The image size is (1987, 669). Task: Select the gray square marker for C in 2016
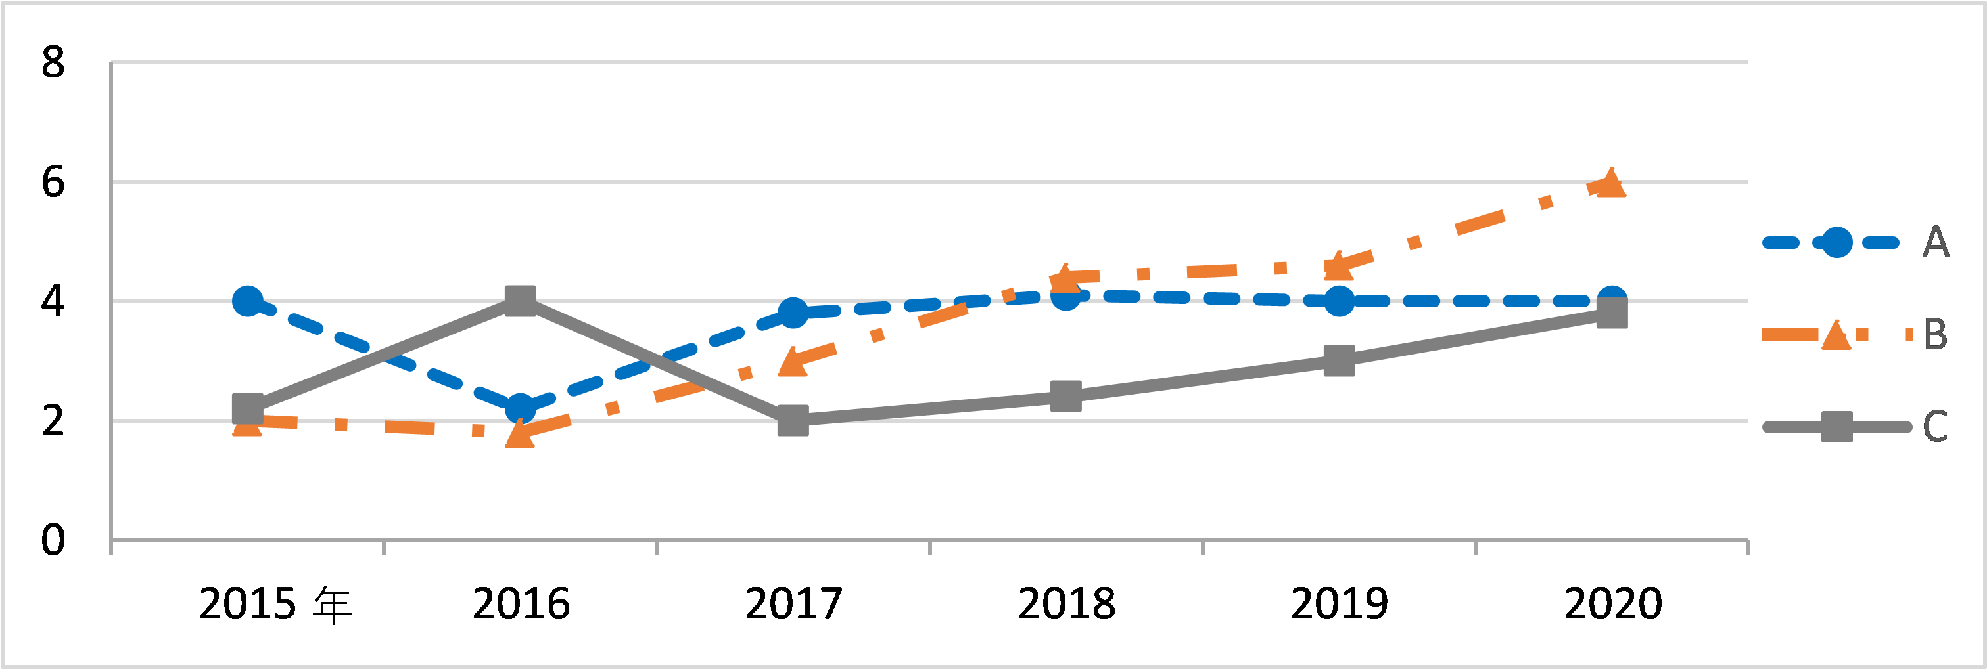[521, 300]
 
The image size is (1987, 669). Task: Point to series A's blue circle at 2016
[521, 408]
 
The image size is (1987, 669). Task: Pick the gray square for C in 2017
[793, 421]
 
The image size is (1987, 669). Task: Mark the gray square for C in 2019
[1339, 360]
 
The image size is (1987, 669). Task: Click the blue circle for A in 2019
[1339, 301]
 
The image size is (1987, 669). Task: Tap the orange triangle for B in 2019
[1338, 267]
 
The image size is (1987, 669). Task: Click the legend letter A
[1935, 242]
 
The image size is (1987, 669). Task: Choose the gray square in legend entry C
[1836, 426]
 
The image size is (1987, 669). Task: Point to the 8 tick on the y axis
[53, 62]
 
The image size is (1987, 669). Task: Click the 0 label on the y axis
[53, 540]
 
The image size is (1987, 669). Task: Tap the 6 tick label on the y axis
[53, 183]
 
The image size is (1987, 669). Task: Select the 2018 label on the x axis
[1066, 603]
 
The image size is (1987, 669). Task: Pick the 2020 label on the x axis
[1612, 603]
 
